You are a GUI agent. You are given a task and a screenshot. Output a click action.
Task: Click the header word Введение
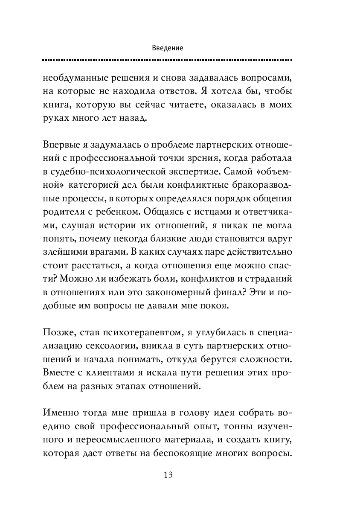(x=168, y=48)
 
